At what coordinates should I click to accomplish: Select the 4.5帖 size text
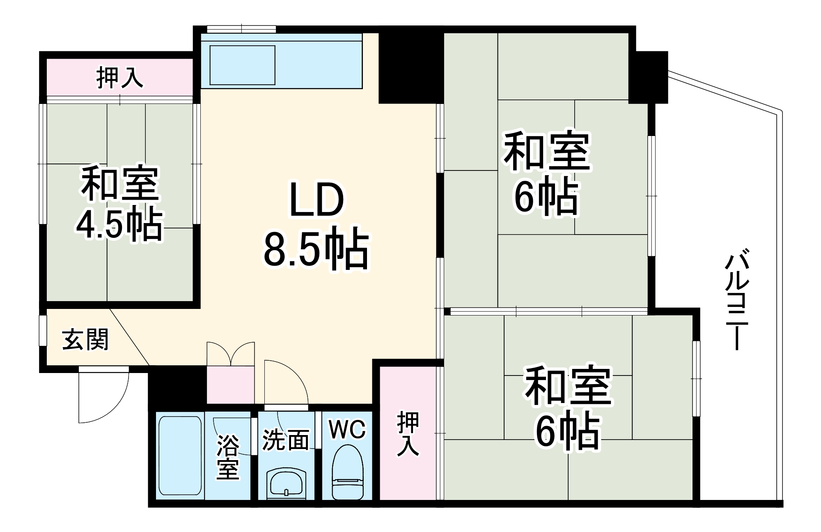[x=119, y=225]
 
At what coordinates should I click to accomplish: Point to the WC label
[x=347, y=430]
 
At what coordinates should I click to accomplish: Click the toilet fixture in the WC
[x=347, y=472]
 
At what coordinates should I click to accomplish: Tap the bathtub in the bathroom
[x=180, y=456]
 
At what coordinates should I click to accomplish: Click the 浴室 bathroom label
[x=228, y=457]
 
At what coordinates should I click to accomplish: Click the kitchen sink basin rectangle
[x=242, y=65]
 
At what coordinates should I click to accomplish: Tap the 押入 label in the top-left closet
[x=119, y=78]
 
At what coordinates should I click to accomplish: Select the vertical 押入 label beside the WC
[x=408, y=434]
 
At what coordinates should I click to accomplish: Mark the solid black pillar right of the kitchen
[x=410, y=66]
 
